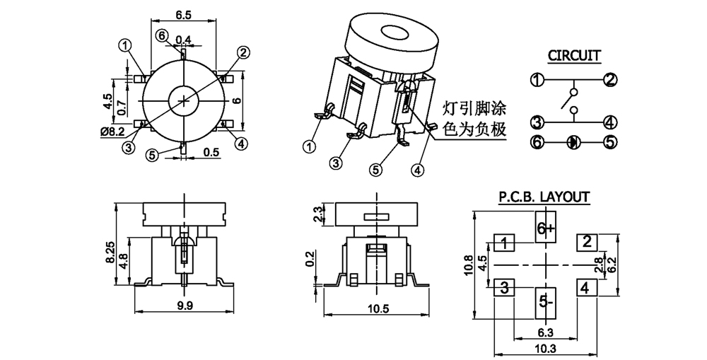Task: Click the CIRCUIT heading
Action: pos(574,55)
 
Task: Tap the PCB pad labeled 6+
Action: pos(547,228)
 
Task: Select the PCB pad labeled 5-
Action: pos(546,302)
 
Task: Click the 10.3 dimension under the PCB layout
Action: pos(545,349)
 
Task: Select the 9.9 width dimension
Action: pos(185,306)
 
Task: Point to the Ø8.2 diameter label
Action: pos(113,132)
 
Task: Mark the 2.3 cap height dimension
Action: pos(317,213)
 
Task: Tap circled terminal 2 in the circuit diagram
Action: pos(610,79)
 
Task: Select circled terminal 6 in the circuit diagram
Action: pos(537,142)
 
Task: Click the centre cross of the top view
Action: pos(184,100)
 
